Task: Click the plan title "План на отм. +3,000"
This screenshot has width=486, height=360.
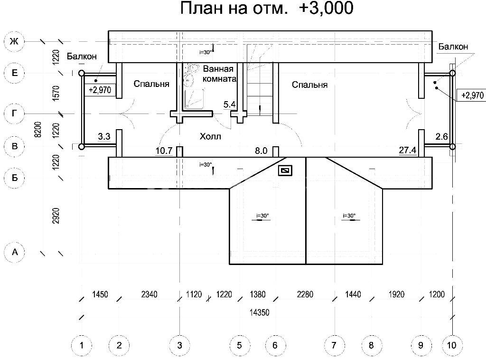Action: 267,8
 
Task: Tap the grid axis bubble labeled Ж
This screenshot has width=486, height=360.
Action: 14,41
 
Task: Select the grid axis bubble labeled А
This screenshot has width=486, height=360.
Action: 14,252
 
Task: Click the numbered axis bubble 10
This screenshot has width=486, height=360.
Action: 452,345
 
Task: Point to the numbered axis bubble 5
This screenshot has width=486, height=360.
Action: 239,345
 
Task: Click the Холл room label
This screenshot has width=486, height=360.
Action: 210,136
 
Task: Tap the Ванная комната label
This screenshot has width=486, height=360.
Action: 219,74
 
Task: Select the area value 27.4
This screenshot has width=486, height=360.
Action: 407,150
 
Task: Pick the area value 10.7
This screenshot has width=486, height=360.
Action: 164,151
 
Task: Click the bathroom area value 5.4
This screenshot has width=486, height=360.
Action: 229,104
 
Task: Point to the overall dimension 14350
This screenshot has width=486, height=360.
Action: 260,312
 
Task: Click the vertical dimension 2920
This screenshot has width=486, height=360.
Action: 56,216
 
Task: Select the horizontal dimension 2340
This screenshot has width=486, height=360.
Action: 149,294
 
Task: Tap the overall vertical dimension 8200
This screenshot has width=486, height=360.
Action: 37,129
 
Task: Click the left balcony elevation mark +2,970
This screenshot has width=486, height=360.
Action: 100,90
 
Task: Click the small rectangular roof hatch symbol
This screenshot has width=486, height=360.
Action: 285,170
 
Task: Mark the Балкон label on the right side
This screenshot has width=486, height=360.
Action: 453,47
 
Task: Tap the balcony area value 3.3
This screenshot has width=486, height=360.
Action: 104,136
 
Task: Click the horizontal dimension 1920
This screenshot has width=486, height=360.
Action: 396,294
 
